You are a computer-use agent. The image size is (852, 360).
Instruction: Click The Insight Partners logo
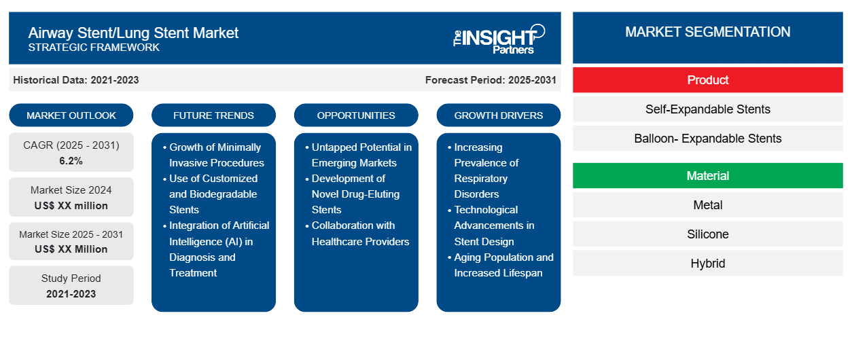tap(499, 38)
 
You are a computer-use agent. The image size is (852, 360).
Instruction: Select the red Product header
tap(707, 80)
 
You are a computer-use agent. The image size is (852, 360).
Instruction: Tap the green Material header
tap(707, 176)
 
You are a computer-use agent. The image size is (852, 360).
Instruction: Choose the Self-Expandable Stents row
tap(707, 109)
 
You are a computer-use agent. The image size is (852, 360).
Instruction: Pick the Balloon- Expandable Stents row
tap(707, 139)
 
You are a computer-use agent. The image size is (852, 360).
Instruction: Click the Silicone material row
tap(707, 234)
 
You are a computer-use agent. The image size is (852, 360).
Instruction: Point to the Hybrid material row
tap(707, 264)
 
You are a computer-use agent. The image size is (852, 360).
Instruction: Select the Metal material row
tap(707, 205)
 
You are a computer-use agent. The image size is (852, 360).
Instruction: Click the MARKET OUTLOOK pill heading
tap(71, 115)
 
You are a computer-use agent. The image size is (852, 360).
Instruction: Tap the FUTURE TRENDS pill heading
tap(213, 115)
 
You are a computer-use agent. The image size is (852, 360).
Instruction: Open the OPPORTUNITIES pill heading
tap(356, 115)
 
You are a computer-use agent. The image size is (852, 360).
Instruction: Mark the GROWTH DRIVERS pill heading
tap(499, 115)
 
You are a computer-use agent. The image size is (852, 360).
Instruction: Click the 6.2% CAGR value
tap(71, 161)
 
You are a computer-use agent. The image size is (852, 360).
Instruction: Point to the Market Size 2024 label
tap(71, 190)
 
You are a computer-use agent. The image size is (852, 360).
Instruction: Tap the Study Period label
tap(71, 278)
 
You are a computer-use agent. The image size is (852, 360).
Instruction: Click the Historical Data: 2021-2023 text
tap(76, 80)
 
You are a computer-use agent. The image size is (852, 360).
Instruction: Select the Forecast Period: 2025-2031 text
tap(491, 80)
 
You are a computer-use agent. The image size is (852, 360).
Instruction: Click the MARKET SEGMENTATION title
tap(707, 32)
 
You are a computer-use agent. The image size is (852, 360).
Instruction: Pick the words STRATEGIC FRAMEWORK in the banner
tap(94, 48)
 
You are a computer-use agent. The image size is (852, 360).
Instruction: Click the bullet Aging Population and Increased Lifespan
tap(503, 265)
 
